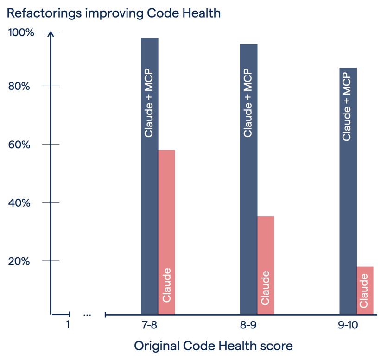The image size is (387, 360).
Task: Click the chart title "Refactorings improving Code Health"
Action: tap(114, 13)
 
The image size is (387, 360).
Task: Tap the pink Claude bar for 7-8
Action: tap(167, 208)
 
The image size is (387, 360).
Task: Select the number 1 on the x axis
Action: tap(68, 325)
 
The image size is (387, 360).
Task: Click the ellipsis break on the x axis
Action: tap(87, 315)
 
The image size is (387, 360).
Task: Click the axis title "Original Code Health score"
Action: tap(213, 346)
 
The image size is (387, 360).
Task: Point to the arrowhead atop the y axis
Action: tap(51, 34)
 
